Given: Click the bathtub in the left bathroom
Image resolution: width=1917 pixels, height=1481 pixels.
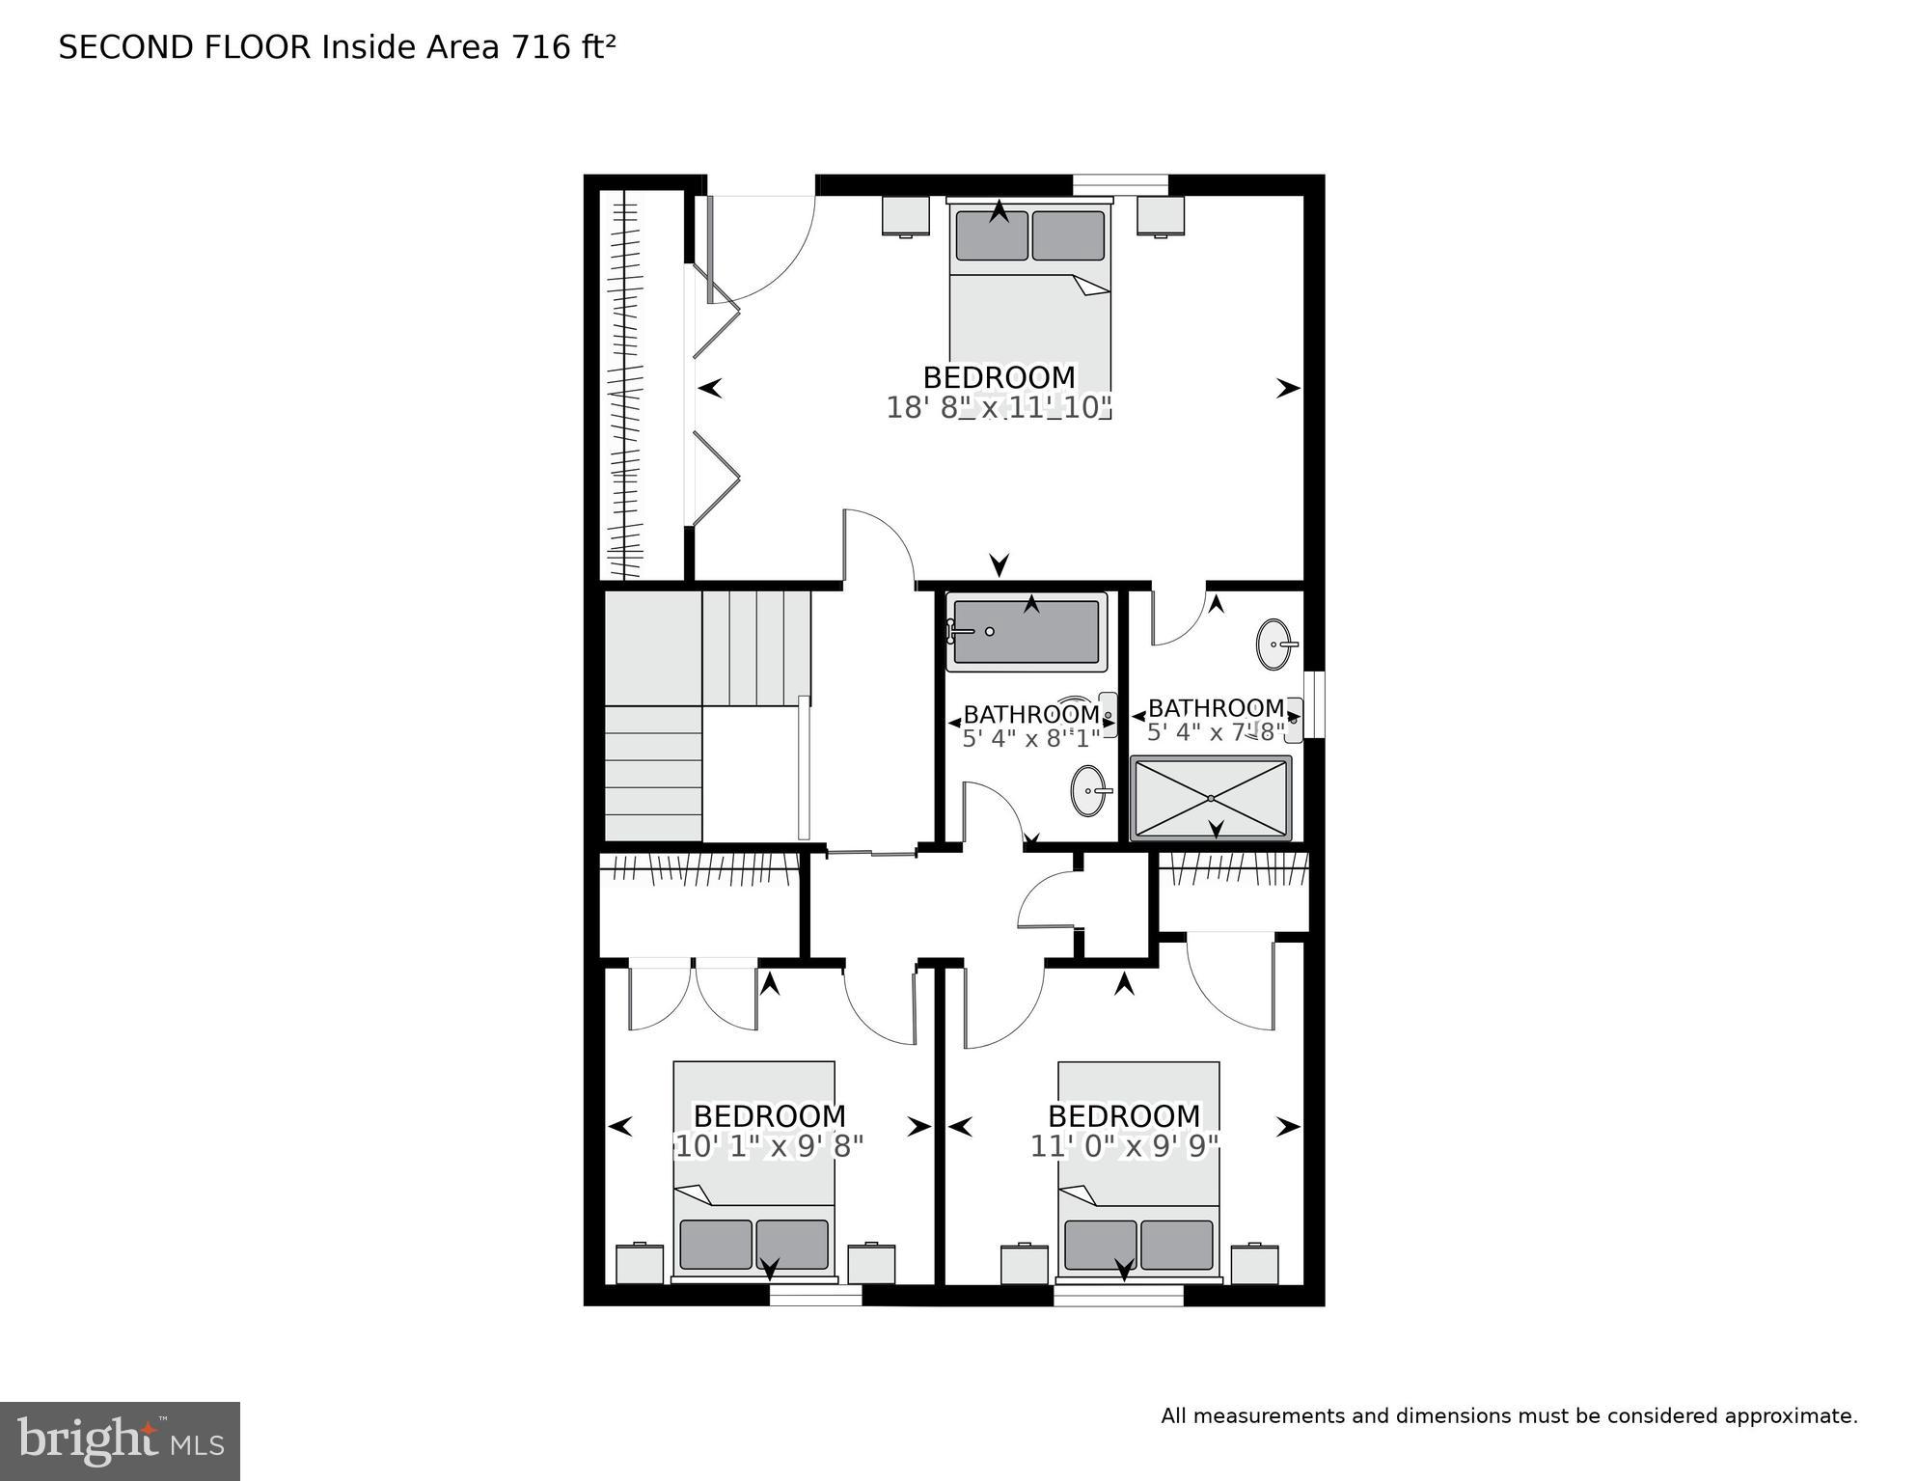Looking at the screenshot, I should pos(1026,632).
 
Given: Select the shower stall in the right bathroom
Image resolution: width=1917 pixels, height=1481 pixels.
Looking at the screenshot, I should pos(1211,798).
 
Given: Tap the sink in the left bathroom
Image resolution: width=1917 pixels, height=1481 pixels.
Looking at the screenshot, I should pos(1089,791).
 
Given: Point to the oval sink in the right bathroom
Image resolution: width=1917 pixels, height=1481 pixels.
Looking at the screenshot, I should pos(1275,644).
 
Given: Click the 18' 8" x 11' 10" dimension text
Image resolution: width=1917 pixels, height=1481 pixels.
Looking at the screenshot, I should pos(999,408).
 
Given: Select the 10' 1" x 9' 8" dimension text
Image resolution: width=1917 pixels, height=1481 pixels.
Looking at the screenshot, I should pos(769,1146).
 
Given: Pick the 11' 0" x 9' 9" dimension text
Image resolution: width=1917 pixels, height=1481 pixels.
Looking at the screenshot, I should pos(1124,1146).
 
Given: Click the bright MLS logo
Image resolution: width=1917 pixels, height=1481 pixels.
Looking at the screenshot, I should pos(120,1441).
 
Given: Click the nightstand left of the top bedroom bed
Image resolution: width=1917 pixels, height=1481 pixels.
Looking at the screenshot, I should pos(905,216).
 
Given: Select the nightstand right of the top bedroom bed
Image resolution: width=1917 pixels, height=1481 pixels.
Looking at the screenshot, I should pos(1160,216).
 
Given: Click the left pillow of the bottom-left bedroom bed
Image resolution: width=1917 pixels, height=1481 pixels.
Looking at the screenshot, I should pos(715,1245).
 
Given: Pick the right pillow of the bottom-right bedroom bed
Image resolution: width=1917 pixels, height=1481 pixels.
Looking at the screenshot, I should pos(1176,1245).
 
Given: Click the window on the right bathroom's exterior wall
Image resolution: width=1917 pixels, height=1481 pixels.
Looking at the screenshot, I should pos(1314,704).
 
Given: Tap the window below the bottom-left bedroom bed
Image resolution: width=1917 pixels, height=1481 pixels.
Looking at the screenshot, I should pos(815,1296).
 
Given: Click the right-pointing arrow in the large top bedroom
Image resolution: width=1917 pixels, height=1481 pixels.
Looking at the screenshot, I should pos(1288,389).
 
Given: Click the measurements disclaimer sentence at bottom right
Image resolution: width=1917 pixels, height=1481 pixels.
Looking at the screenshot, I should pos(1509,1416).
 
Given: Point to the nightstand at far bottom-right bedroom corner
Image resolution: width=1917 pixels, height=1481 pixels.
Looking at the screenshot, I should pos(1254,1264).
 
